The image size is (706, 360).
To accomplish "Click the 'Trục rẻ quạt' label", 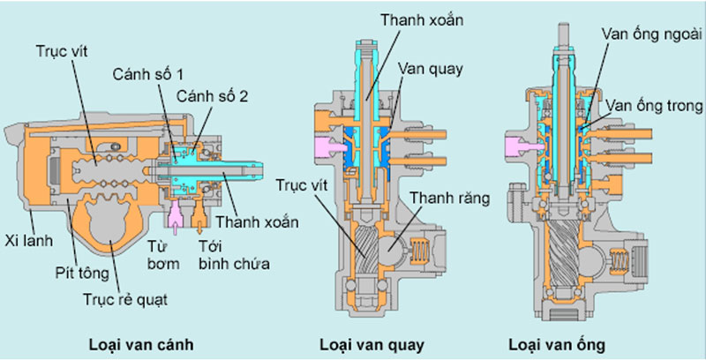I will tap(126, 298).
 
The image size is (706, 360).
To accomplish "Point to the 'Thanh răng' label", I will tap(446, 199).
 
